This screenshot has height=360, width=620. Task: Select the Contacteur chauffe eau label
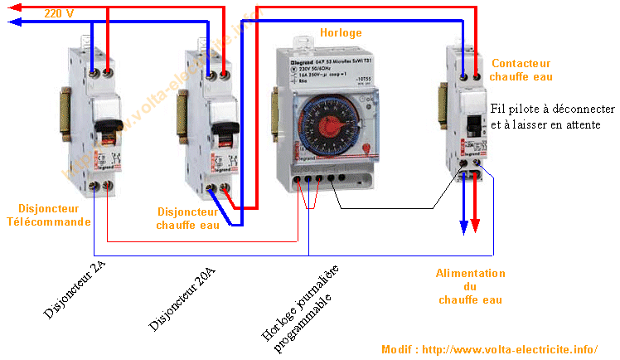click(521, 70)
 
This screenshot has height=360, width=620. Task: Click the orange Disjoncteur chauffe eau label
click(189, 219)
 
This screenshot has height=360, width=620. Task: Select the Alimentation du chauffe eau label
click(470, 286)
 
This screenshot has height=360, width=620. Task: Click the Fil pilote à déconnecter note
click(552, 117)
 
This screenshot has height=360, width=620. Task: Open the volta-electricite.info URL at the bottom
click(489, 349)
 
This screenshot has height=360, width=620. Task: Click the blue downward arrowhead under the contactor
click(463, 226)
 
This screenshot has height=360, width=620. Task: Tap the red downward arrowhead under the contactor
click(475, 226)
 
